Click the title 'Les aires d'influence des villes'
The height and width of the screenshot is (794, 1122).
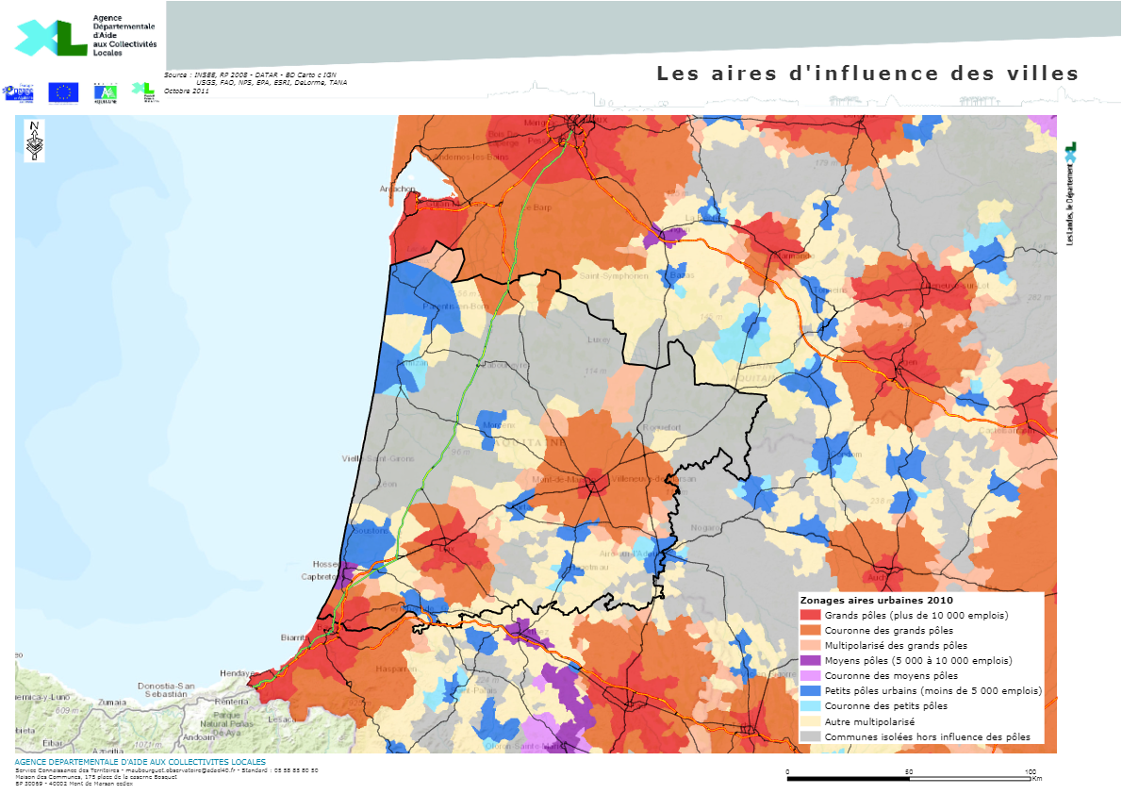pyautogui.click(x=866, y=74)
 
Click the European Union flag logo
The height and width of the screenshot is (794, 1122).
pyautogui.click(x=63, y=91)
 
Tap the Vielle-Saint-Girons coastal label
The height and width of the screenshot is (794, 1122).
pyautogui.click(x=377, y=459)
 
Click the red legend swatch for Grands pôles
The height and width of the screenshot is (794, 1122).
pyautogui.click(x=810, y=615)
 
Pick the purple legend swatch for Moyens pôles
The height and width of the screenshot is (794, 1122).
pyautogui.click(x=810, y=660)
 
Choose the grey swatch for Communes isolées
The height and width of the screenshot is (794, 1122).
pyautogui.click(x=810, y=736)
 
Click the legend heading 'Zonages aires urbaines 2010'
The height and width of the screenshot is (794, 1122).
pyautogui.click(x=876, y=600)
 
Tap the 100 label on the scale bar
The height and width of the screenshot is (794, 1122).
pyautogui.click(x=1031, y=771)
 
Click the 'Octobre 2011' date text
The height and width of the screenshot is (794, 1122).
pyautogui.click(x=187, y=91)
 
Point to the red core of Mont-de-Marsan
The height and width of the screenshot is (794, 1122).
pyautogui.click(x=594, y=481)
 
